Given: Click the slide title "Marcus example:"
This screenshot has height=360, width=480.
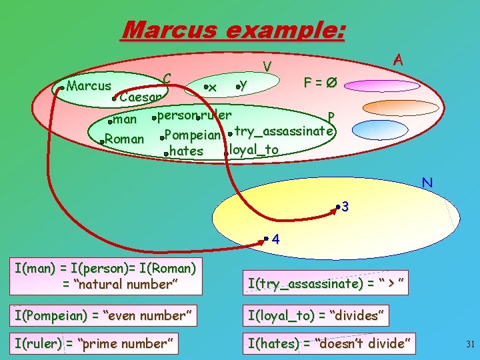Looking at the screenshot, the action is tap(233, 30).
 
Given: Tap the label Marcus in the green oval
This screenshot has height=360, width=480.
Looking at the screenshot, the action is tap(89, 86).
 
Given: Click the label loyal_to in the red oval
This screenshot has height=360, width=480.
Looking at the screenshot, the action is tap(254, 149).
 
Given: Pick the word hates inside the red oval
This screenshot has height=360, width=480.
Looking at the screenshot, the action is tap(187, 151).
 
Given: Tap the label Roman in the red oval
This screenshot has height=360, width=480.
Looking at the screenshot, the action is tap(125, 139).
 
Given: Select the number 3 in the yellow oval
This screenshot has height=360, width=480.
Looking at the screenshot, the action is tap(345, 207).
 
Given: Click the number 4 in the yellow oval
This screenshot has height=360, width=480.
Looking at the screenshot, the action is tap(276, 240).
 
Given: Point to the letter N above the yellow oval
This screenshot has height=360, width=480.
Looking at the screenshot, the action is tap(427, 182).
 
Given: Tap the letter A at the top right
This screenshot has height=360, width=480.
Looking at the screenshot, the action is tap(397, 59).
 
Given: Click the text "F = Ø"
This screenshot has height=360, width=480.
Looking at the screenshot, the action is tap(320, 83).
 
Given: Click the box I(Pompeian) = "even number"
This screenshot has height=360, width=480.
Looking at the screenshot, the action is tap(105, 315).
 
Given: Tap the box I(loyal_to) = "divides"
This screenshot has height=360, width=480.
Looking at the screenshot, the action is tap(316, 315).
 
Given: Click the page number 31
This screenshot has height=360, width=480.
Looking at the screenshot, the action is tap(469, 345).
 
